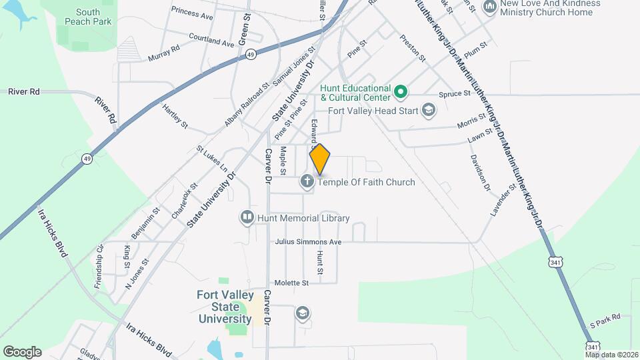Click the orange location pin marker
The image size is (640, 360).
click(x=320, y=159)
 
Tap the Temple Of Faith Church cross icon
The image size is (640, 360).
click(x=307, y=181)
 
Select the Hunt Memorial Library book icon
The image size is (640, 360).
click(x=247, y=218)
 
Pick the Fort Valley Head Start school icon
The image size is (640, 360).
click(x=429, y=111)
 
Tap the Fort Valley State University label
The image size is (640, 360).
click(x=224, y=307)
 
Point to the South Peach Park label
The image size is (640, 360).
click(x=87, y=17)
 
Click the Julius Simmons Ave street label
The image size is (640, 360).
click(x=308, y=242)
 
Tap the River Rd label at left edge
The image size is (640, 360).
click(x=24, y=91)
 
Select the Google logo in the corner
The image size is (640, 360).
click(x=22, y=351)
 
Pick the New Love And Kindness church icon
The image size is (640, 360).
click(x=490, y=7)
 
